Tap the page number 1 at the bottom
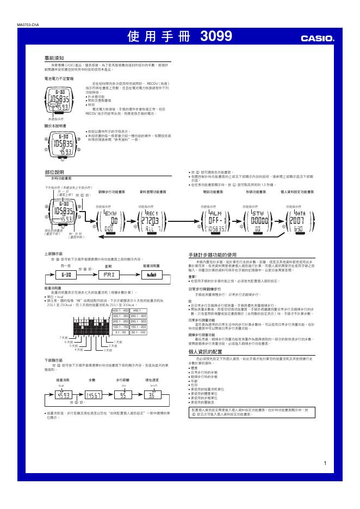tap(324, 463)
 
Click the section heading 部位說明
tap(54, 171)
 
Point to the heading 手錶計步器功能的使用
tap(213, 254)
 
